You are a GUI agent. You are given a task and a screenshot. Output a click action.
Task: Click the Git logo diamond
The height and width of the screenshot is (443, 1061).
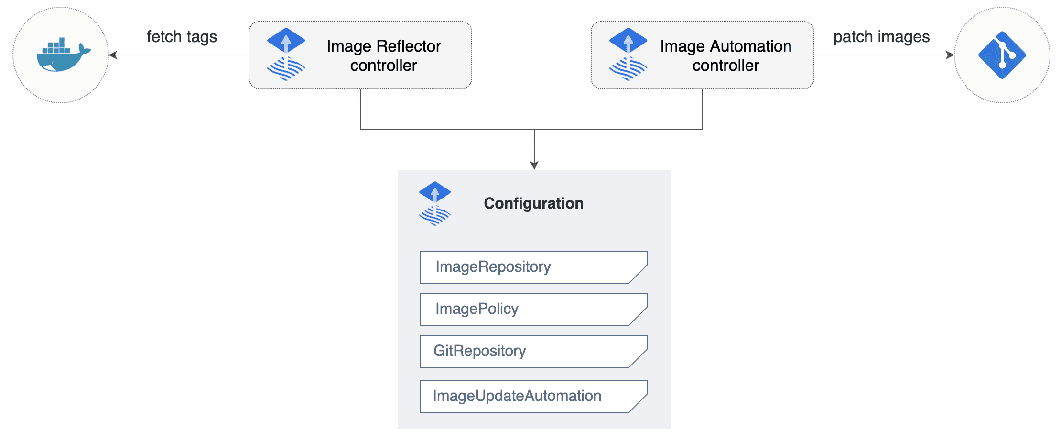[1002, 55]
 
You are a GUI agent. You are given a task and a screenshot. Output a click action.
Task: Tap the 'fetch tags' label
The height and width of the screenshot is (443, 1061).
[182, 37]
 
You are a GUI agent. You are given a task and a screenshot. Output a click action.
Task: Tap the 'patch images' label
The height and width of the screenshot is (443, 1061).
[881, 37]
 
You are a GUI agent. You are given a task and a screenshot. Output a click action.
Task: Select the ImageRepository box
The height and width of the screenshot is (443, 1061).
[533, 267]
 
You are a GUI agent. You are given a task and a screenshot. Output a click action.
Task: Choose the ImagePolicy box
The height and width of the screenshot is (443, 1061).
[533, 309]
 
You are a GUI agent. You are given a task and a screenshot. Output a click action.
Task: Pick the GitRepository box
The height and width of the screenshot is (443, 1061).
[533, 351]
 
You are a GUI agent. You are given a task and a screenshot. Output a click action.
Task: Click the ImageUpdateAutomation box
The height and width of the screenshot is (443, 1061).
[533, 396]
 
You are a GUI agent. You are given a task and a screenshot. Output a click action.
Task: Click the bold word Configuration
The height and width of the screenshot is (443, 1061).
[533, 203]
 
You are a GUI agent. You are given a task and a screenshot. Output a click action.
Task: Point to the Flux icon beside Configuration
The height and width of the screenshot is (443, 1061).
[435, 203]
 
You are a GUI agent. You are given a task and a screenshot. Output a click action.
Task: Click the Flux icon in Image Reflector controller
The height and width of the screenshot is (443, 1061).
[286, 55]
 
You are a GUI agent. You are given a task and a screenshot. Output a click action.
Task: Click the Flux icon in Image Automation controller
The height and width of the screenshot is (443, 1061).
[628, 55]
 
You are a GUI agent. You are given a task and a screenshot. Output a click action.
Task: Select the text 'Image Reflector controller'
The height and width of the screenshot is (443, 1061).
[383, 55]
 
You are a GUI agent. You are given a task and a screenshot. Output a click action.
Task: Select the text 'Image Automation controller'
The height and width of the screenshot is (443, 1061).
[725, 55]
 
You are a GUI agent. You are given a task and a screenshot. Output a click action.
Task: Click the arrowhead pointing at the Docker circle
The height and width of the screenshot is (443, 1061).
[113, 55]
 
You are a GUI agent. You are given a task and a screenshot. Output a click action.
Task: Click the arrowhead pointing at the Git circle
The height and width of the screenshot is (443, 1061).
[950, 55]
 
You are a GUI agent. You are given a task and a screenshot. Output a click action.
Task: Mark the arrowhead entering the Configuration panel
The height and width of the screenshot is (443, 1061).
[534, 166]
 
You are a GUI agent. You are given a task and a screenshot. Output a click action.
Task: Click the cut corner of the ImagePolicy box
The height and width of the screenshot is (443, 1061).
[639, 317]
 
